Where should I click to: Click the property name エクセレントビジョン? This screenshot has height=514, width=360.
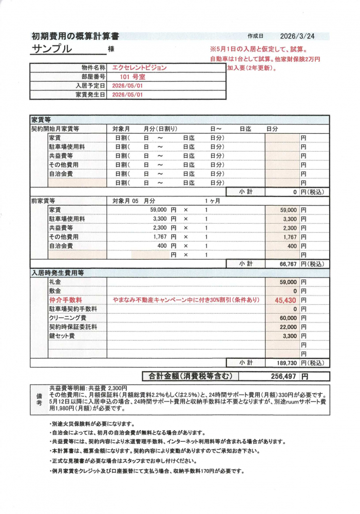point(139,67)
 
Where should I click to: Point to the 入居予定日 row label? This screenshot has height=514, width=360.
point(90,86)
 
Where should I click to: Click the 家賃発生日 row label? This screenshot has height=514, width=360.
point(90,95)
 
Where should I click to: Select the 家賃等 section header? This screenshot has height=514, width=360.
point(41,120)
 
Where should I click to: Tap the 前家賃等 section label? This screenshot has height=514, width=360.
point(43,201)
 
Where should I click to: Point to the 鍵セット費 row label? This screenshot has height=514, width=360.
point(62,336)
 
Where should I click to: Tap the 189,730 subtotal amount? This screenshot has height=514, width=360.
point(285,363)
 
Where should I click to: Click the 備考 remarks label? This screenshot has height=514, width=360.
point(39,399)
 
